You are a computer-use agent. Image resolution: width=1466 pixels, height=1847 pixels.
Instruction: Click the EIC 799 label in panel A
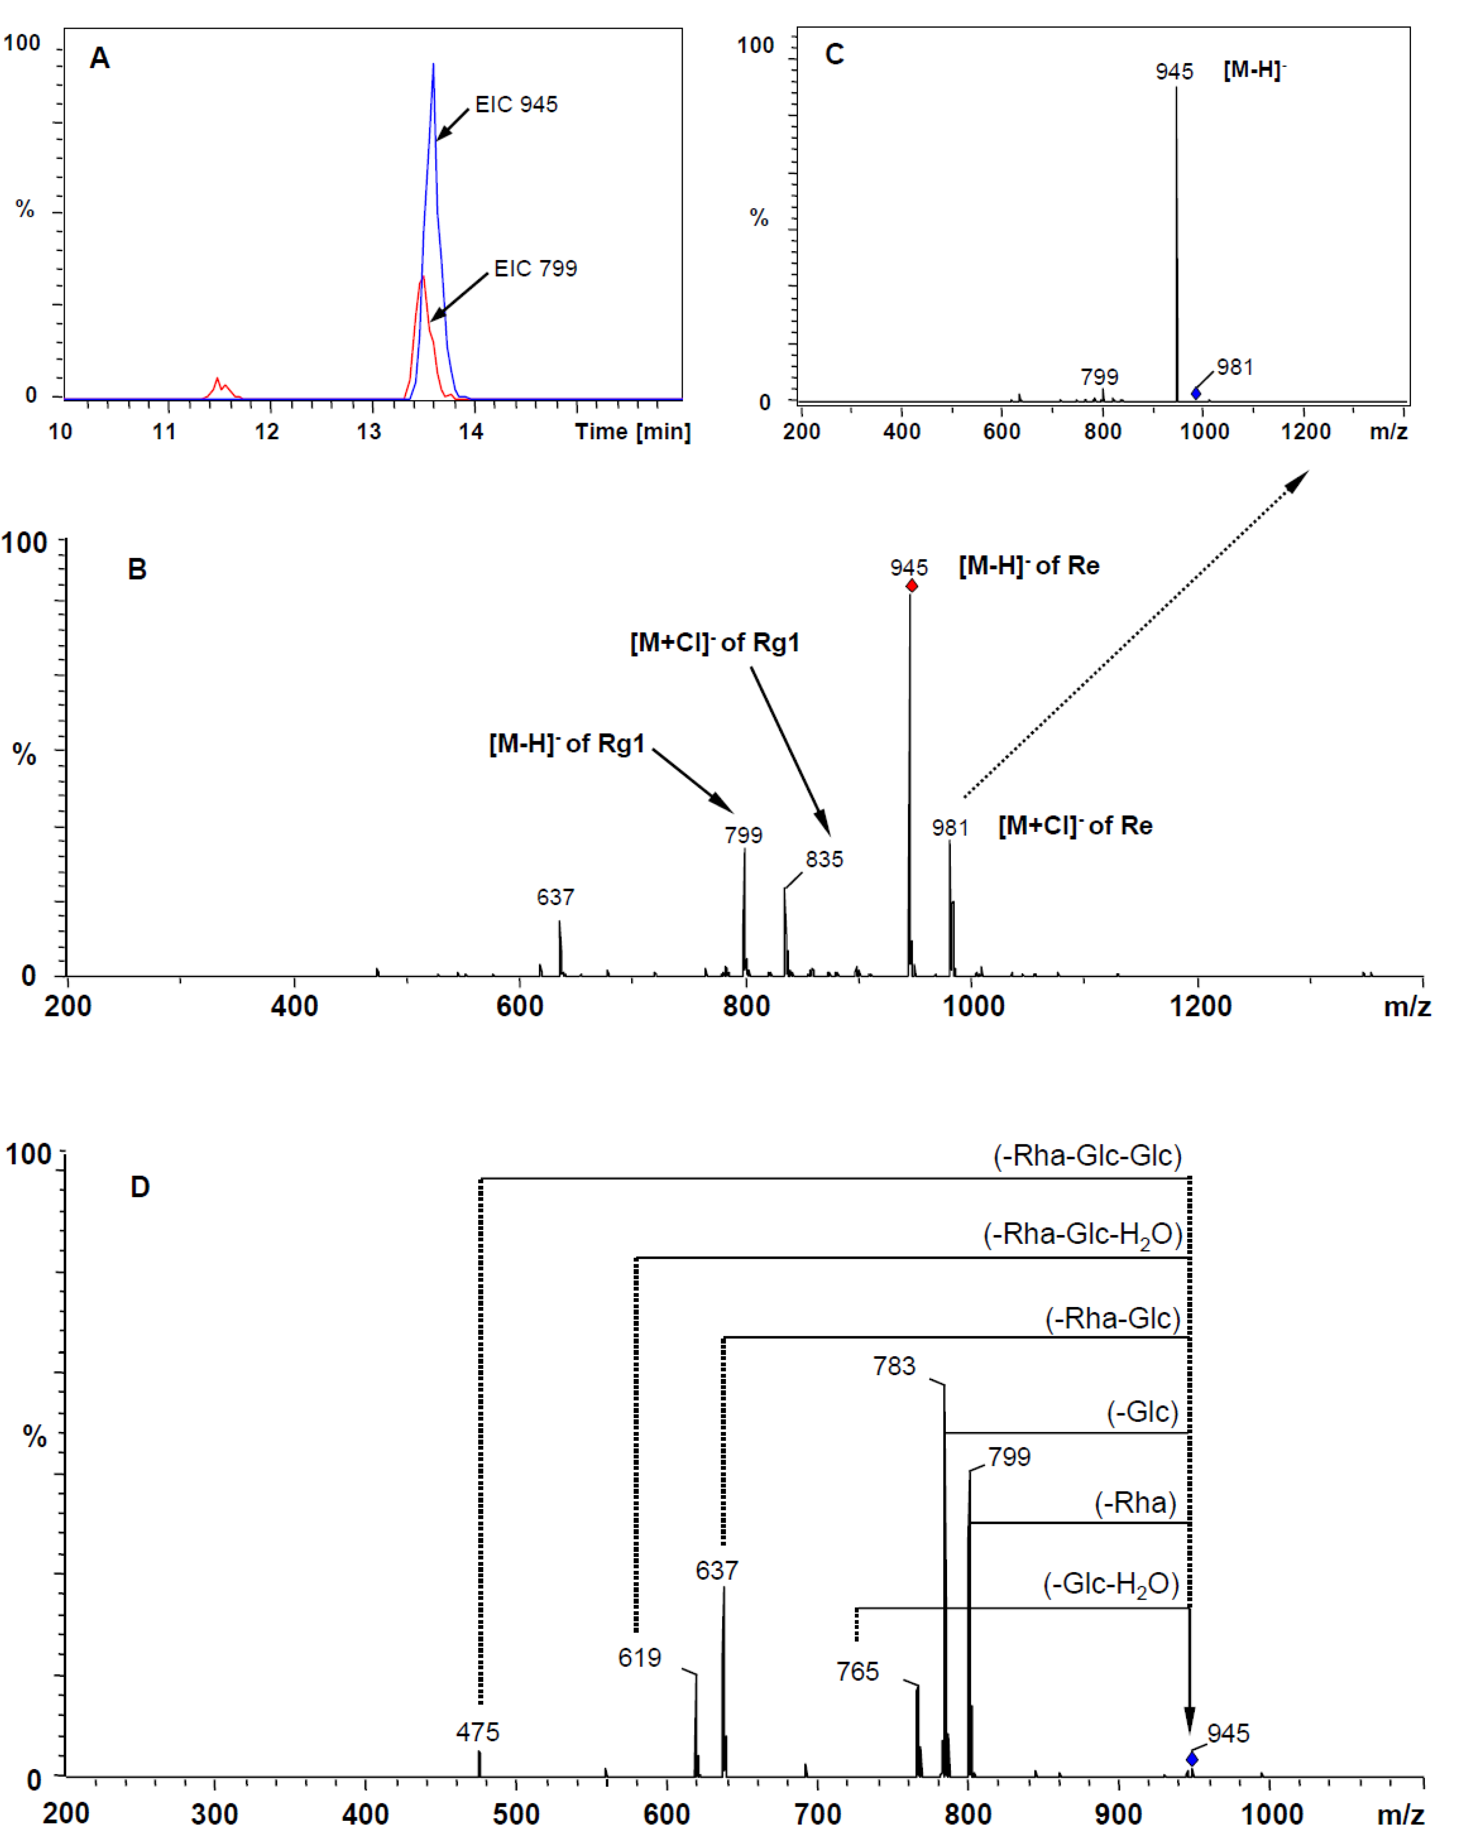tap(535, 269)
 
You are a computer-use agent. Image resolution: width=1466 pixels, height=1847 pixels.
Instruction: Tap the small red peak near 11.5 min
tap(218, 383)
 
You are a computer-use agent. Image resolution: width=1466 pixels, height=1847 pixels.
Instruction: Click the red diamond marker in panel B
tap(912, 586)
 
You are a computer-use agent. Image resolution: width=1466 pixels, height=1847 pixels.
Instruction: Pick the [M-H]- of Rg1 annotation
tap(566, 744)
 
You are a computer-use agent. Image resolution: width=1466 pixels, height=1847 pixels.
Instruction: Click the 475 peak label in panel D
tap(477, 1732)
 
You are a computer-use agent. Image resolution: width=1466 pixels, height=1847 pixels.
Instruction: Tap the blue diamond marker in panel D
tap(1191, 1759)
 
